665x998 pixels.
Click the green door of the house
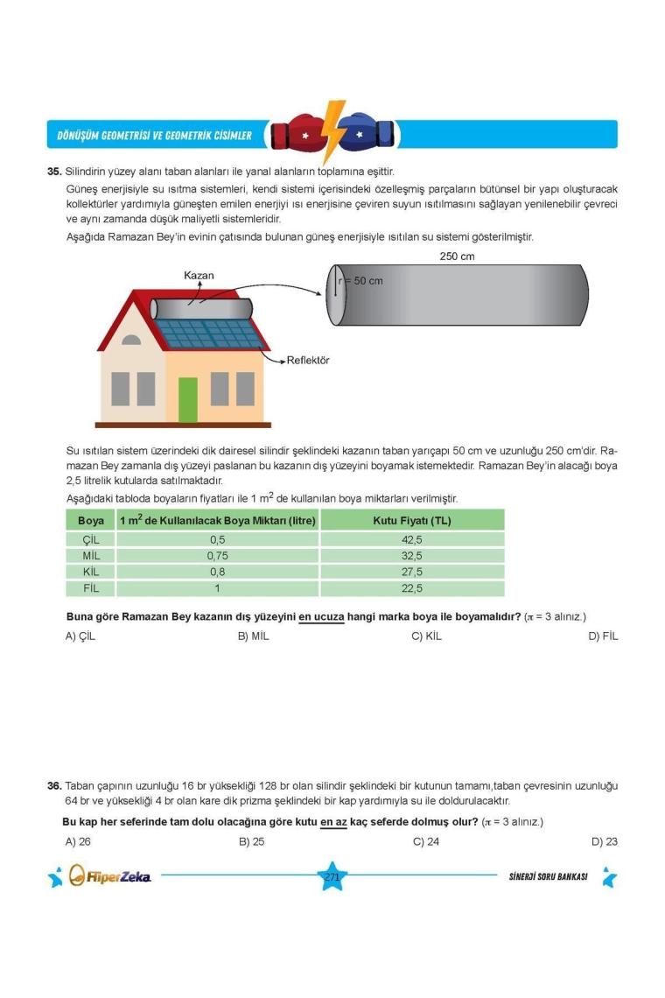188,400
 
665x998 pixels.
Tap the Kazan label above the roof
199,276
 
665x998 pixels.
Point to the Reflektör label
308,361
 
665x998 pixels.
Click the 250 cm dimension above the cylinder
457,257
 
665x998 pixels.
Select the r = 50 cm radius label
360,281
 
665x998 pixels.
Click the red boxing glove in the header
296,135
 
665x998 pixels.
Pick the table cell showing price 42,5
411,540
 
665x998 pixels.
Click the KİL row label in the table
91,572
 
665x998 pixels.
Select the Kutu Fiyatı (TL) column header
411,521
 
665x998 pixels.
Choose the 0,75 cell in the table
218,556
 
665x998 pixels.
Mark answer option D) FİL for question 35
603,636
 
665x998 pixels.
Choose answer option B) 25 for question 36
251,842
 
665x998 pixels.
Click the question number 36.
54,786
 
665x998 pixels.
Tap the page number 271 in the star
332,877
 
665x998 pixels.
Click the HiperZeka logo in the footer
109,876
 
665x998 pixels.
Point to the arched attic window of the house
130,340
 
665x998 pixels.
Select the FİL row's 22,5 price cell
411,588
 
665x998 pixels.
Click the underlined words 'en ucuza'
321,616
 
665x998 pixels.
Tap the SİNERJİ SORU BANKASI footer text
548,877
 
